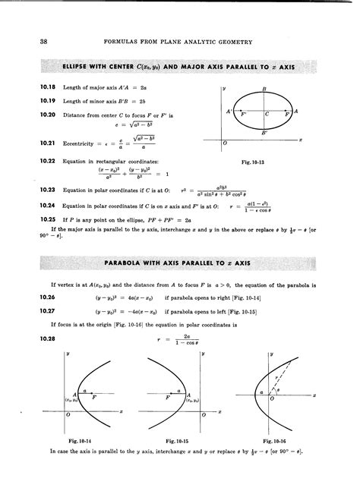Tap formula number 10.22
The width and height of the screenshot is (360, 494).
[x=26, y=161]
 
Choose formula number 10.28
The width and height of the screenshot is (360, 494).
[x=26, y=338]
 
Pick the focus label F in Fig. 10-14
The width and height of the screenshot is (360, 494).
[x=93, y=396]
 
